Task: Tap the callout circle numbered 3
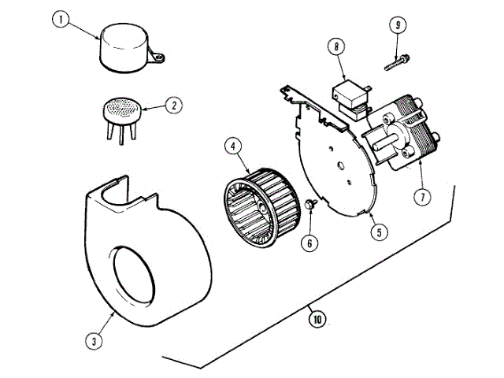tap(94, 341)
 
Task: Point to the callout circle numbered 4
tap(233, 146)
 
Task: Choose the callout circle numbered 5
tap(380, 232)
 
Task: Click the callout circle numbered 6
tap(309, 243)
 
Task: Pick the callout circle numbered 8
tap(337, 47)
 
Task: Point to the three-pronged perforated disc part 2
tap(119, 109)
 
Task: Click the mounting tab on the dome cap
tap(161, 56)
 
